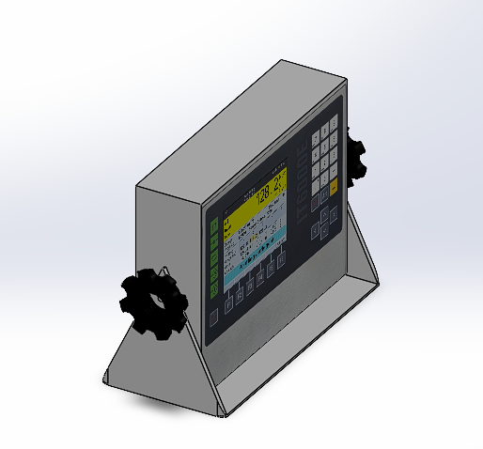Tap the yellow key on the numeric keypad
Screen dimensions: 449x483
(333, 189)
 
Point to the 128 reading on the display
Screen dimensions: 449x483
(264, 193)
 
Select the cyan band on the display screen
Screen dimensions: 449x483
(254, 261)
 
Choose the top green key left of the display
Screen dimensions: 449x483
(214, 226)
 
